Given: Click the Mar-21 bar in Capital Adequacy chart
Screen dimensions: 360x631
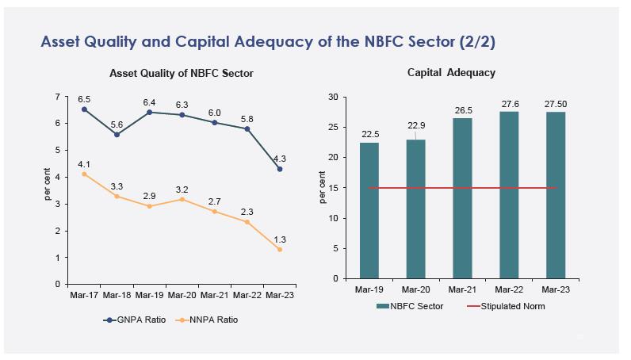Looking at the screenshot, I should click(x=462, y=198).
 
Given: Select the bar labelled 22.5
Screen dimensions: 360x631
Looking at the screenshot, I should click(x=369, y=210).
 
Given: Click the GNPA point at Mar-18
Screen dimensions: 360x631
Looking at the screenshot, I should click(x=117, y=134).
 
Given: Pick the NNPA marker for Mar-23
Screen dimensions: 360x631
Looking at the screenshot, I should click(x=279, y=249).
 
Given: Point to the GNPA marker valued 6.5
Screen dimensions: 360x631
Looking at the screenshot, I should click(x=84, y=109).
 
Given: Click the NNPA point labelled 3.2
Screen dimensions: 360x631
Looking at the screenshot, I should click(x=182, y=199).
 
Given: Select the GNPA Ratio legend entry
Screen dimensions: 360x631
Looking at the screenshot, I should click(x=136, y=320).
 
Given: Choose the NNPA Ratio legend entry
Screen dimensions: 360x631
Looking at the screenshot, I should click(x=208, y=320).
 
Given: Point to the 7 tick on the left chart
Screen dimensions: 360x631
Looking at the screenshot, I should click(x=57, y=97).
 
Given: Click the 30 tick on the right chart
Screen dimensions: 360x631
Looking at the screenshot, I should click(x=333, y=98).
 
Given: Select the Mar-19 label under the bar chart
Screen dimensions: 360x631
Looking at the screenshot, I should click(x=369, y=290).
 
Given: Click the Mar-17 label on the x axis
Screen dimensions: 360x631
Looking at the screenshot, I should click(x=84, y=295).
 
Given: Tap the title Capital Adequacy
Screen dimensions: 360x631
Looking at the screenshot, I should click(x=451, y=72).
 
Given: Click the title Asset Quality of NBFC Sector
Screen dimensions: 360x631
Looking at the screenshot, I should click(x=182, y=73).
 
